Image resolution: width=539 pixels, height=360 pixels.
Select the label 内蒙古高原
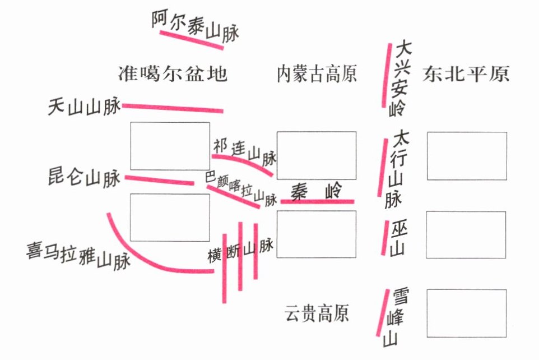(x=317, y=74)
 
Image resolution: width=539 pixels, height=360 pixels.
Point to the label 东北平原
(x=467, y=74)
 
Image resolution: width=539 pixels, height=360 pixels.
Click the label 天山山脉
(x=85, y=107)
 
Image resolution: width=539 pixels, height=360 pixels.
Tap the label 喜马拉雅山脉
(x=78, y=256)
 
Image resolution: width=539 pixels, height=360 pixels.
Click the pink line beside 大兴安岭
(x=387, y=75)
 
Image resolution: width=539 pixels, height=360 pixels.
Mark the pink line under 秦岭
(x=317, y=201)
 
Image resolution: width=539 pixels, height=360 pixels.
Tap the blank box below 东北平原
(x=467, y=155)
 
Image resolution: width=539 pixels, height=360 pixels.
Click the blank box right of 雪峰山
(x=467, y=313)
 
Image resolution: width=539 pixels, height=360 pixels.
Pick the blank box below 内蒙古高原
(x=317, y=155)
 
